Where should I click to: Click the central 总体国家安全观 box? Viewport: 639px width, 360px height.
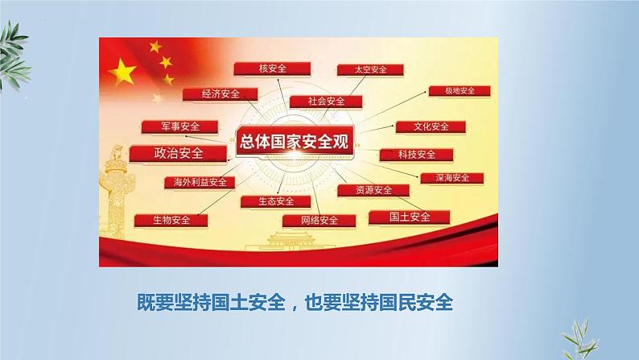coord(295,141)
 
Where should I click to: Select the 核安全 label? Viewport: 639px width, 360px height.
coord(272,69)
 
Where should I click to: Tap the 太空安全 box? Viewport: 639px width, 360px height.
coord(370,70)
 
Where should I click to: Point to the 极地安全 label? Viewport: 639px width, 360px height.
coord(460,91)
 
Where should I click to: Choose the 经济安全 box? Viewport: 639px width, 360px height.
coord(220,94)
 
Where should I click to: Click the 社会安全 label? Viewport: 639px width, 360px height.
coord(326,101)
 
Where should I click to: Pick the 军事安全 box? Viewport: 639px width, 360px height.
coord(179,126)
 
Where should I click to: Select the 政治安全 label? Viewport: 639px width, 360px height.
coord(178,154)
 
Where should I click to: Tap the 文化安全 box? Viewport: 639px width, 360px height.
coord(431,126)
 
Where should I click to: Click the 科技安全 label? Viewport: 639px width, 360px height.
coord(417,155)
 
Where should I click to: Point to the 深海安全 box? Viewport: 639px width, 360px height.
coord(452,178)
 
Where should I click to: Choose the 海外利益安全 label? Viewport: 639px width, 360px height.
coord(200,182)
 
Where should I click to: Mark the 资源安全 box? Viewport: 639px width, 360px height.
coord(373,190)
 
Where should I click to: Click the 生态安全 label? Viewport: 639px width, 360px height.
coord(276,201)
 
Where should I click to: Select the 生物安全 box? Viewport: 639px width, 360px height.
coord(171,221)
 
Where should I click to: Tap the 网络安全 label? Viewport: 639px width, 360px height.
coord(319,221)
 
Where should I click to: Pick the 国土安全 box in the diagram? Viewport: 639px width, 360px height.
coord(410,217)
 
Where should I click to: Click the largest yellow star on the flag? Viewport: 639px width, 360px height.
coord(122,72)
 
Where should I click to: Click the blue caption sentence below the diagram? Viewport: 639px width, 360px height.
coord(295,303)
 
